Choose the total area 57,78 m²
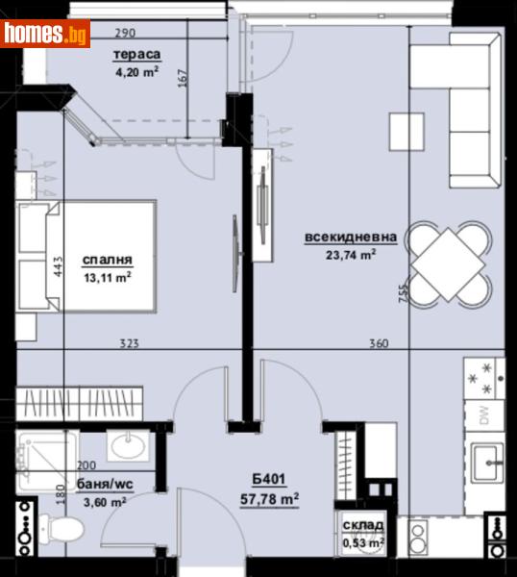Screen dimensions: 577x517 pos(270,498)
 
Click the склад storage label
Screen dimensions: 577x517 pos(362,526)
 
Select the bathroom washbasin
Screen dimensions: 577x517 pos(126,444)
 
